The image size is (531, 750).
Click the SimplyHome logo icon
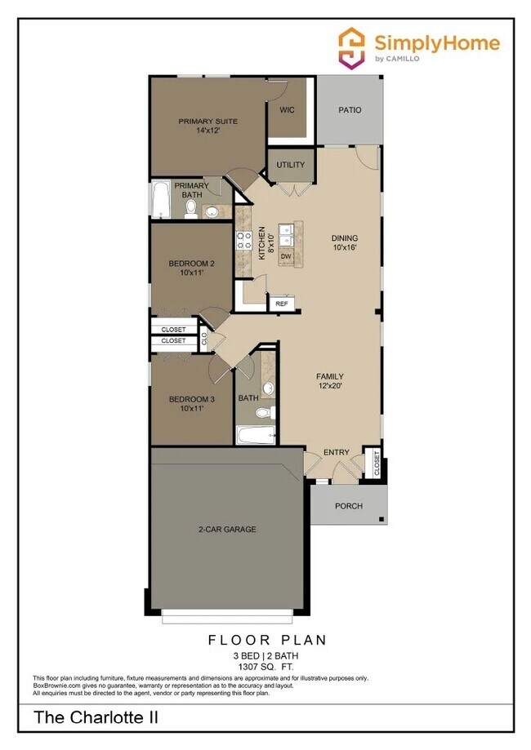click(352, 46)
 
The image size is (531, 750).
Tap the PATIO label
click(349, 109)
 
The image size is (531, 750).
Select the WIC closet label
click(288, 109)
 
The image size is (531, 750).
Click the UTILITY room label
click(290, 165)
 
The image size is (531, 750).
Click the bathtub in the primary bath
click(160, 201)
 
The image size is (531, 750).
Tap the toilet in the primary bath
click(190, 210)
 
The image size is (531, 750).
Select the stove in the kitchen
click(243, 241)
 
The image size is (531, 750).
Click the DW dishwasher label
click(286, 257)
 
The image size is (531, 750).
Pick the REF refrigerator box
click(281, 304)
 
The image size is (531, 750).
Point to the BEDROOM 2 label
click(192, 264)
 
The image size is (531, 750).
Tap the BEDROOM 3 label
click(192, 399)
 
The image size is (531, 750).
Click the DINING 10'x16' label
click(345, 242)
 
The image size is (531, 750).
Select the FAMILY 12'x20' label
click(330, 381)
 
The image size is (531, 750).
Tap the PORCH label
click(349, 506)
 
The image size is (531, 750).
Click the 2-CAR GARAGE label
click(227, 530)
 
